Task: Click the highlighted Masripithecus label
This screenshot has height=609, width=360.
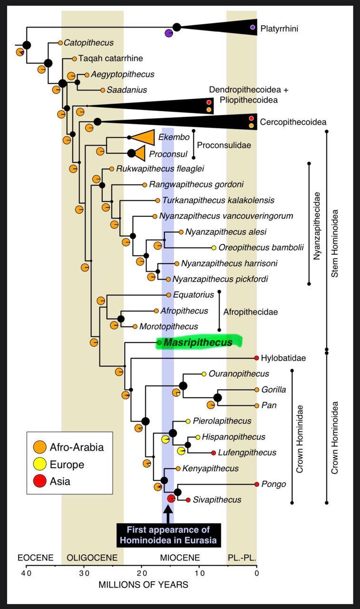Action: point(198,343)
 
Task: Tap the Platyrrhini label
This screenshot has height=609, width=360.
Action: point(280,29)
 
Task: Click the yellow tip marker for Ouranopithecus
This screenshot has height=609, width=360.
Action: point(204,374)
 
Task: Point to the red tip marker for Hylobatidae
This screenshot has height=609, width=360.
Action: point(256,358)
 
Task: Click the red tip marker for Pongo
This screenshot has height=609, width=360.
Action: point(257,484)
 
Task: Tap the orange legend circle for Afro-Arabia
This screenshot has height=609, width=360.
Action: point(40,447)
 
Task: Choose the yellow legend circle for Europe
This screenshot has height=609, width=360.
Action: point(40,464)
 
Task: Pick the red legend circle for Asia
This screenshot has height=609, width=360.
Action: point(40,481)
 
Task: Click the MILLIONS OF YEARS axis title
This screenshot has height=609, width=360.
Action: point(143,585)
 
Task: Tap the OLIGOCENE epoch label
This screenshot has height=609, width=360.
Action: point(90,558)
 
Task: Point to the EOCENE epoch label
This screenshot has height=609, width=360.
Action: point(35,558)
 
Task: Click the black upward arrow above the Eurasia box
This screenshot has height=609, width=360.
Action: point(168,514)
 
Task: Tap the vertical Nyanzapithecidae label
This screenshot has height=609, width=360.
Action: point(317,226)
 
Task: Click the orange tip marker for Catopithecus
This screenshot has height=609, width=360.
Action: point(60,43)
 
